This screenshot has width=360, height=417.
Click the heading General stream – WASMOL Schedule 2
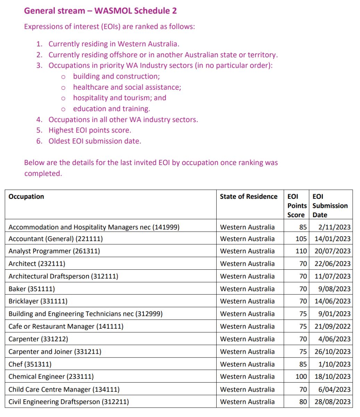100,11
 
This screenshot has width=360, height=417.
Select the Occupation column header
26,197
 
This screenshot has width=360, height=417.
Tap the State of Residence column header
249,197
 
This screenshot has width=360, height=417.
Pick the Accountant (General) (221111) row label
56,239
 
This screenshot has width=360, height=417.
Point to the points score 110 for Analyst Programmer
301,251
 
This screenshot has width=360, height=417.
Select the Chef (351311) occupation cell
30,364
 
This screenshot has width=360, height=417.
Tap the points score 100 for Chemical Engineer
301,376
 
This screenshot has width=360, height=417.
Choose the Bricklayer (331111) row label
38,301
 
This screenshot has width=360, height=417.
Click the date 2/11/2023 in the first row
334,227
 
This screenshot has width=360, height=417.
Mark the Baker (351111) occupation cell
32,289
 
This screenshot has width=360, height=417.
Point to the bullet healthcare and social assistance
127,87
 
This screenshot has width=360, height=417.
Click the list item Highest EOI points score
90,130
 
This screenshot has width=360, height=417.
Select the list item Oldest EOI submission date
95,141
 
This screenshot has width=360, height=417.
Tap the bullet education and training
111,109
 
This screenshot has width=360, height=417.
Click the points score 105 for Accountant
301,239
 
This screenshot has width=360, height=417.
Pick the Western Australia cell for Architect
247,263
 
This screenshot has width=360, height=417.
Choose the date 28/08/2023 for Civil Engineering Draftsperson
333,402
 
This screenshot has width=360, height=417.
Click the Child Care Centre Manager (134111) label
64,389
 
